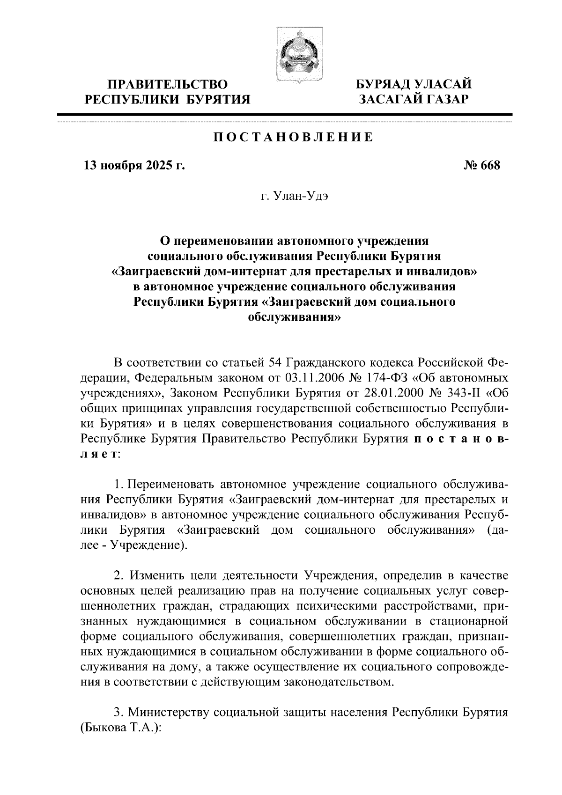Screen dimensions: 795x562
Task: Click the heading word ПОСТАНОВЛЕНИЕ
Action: (x=293, y=138)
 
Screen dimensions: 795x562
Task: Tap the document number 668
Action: (x=489, y=166)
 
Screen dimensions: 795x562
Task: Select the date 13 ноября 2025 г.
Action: (x=134, y=166)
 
